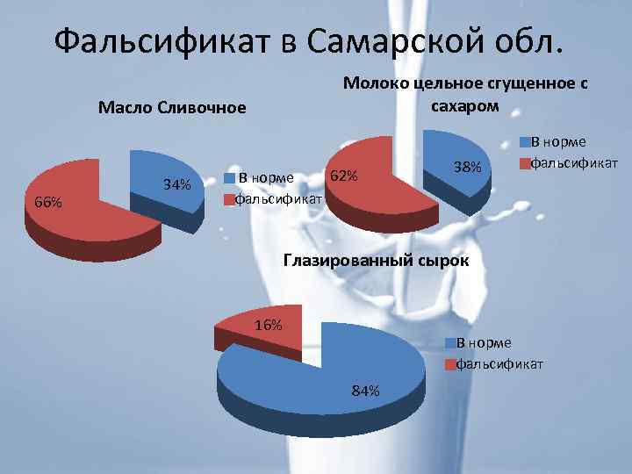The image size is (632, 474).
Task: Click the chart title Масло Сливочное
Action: [x=171, y=108]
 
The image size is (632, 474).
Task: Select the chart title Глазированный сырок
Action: [x=375, y=261]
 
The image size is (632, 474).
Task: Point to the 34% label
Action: [x=177, y=184]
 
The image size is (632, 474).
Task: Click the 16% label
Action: [x=267, y=325]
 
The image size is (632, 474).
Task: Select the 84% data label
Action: [x=365, y=391]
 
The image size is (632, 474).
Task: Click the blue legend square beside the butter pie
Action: [x=230, y=177]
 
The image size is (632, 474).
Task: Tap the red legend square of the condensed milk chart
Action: [x=527, y=162]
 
